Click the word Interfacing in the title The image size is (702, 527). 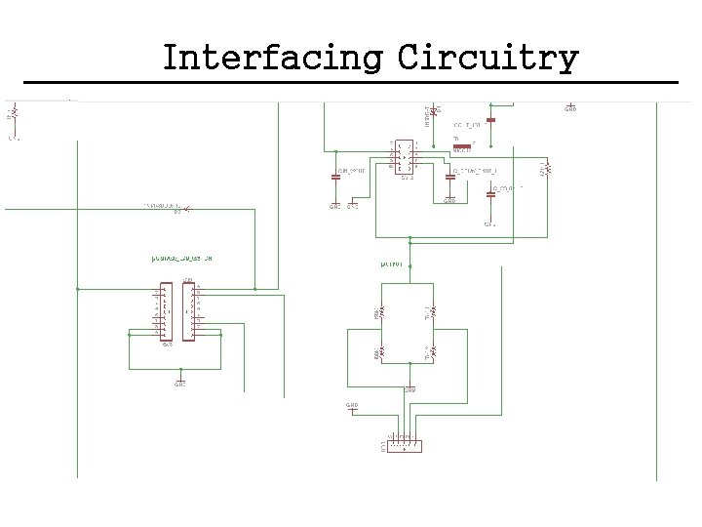click(272, 59)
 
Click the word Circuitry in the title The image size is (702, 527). click(487, 59)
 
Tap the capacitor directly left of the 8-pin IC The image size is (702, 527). click(336, 178)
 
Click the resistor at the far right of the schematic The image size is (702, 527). click(548, 168)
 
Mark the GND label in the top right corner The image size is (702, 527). click(570, 109)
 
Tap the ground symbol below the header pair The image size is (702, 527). click(179, 381)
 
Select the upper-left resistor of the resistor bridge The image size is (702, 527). click(382, 312)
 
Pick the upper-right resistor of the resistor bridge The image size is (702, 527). click(435, 312)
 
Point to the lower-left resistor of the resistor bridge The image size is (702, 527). click(382, 351)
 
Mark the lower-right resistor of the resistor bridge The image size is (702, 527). click(435, 352)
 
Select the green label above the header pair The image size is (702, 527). click(181, 259)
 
